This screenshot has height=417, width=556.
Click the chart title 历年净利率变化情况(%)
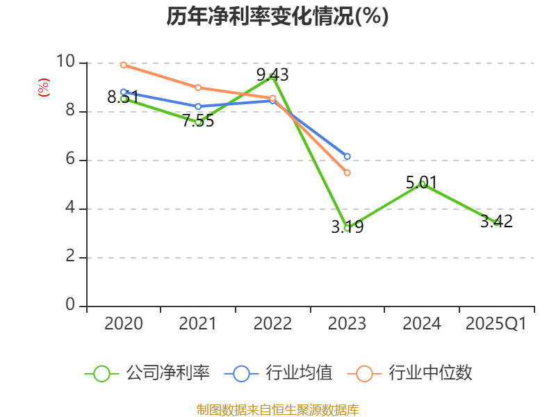[277, 16]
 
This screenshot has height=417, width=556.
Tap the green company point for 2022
[272, 76]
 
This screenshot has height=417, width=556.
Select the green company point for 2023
[347, 228]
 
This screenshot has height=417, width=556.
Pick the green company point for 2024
[422, 183]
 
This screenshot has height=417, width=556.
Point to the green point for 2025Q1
[496, 222]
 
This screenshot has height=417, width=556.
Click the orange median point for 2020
[123, 65]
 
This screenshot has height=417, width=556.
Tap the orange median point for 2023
[347, 172]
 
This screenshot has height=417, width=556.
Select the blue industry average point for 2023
[347, 156]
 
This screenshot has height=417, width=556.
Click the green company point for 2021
[198, 122]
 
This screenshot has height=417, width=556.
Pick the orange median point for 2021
[198, 88]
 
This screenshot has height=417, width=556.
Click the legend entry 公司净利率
[147, 373]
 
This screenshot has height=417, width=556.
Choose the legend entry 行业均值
[279, 373]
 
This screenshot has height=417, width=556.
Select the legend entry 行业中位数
[414, 373]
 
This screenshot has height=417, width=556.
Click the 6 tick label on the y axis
[69, 160]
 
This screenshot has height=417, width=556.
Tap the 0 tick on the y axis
[69, 306]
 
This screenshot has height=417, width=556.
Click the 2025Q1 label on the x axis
[496, 324]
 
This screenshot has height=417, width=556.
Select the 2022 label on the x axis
[272, 324]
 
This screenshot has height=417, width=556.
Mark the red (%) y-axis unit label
[43, 88]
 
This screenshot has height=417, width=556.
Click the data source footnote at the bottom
[277, 409]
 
